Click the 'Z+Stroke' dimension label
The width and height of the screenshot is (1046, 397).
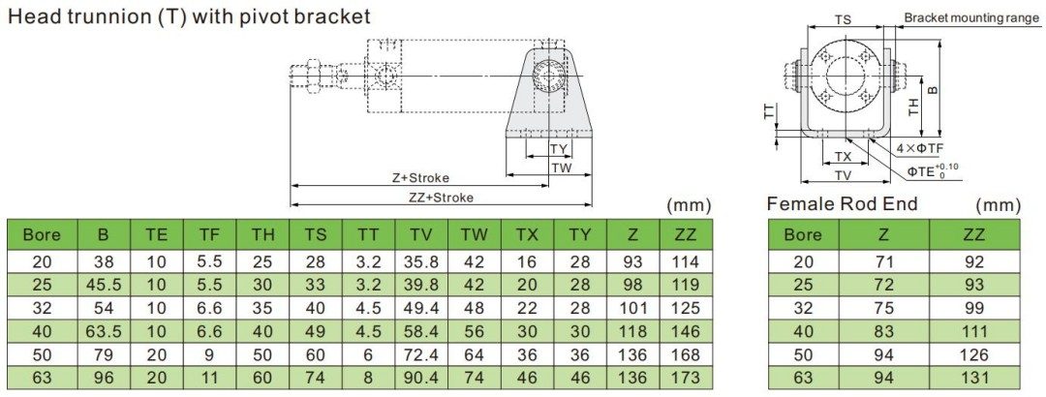(x=420, y=178)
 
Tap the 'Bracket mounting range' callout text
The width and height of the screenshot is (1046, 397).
(x=971, y=17)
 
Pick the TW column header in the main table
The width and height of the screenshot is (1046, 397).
(x=474, y=234)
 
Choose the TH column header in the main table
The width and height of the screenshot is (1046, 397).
(x=262, y=234)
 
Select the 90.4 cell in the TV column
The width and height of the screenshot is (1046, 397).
(x=420, y=378)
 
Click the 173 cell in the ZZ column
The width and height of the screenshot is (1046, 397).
(x=685, y=378)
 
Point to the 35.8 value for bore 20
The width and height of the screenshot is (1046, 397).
(x=420, y=261)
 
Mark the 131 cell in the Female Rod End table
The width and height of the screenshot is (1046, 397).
(x=973, y=378)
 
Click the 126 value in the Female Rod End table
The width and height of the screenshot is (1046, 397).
(x=973, y=354)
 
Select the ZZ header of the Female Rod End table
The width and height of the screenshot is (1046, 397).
(x=973, y=234)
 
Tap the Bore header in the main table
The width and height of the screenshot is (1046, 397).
(x=42, y=234)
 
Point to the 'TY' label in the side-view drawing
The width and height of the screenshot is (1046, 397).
(x=558, y=148)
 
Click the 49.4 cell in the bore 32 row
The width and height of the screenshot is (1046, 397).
(x=420, y=308)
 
